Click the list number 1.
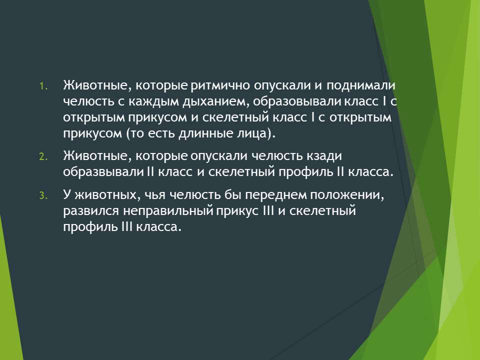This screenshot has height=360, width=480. point(43,86)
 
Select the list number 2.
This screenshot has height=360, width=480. point(43,157)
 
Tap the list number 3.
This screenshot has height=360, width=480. point(43,196)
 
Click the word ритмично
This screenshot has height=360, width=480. point(220,86)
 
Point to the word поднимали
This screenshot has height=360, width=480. point(360,86)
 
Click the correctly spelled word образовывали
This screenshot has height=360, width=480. point(297,102)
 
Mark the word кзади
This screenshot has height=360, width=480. point(324,156)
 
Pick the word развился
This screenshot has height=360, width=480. point(91,211)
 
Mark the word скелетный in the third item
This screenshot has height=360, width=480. point(322,211)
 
